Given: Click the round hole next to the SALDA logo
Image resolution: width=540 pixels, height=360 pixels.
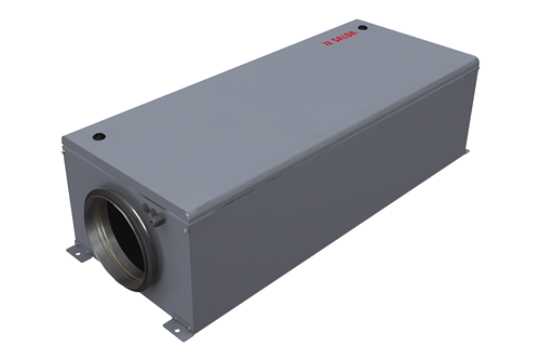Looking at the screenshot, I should [363, 28].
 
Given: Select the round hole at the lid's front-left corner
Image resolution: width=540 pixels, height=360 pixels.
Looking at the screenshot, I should [99, 137].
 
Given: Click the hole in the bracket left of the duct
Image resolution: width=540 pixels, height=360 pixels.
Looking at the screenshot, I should [75, 250].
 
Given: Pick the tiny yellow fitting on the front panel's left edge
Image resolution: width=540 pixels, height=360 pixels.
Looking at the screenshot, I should [63, 151].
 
